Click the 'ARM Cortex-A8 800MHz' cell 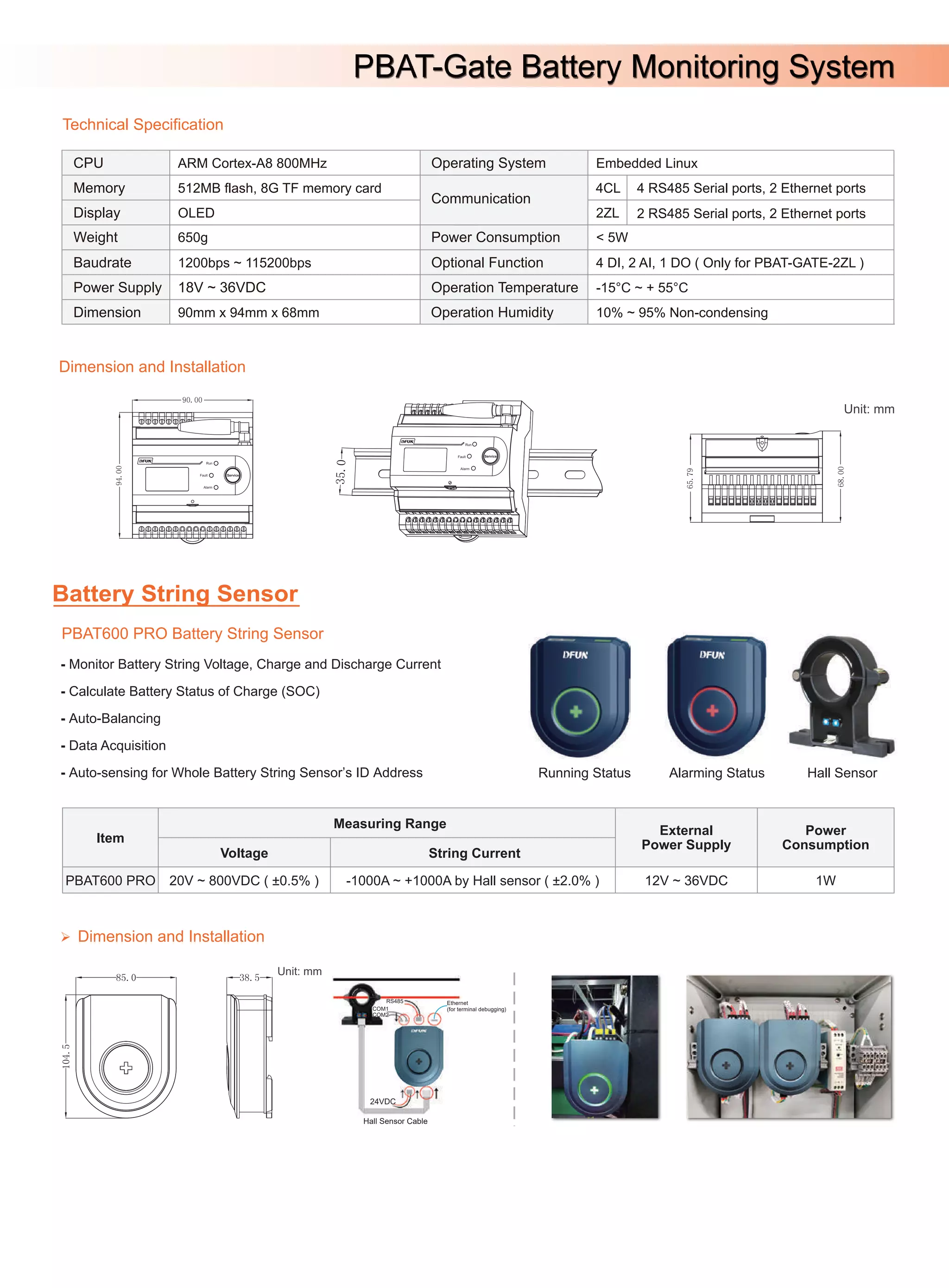(252, 163)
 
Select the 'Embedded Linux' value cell (646, 163)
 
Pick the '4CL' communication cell (607, 188)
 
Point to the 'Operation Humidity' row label (492, 312)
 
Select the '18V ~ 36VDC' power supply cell (222, 287)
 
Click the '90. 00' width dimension (192, 400)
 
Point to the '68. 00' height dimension (841, 477)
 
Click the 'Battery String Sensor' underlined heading (175, 593)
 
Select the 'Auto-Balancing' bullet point (114, 718)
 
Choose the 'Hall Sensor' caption (841, 773)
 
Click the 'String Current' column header (474, 853)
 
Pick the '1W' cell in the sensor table (825, 880)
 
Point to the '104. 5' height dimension (66, 1056)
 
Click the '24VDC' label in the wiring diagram (383, 1101)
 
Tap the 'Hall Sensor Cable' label (395, 1121)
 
